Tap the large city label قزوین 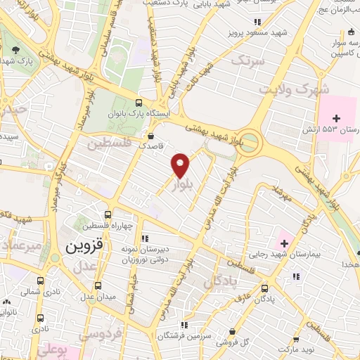click(84, 247)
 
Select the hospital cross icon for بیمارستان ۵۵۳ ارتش click(336, 117)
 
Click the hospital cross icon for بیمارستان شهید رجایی click(283, 243)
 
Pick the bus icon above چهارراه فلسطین click(108, 215)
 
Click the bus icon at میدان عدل click(97, 285)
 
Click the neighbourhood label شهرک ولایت click(285, 91)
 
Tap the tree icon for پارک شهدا click(15, 49)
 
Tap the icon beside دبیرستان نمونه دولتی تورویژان click(145, 238)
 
